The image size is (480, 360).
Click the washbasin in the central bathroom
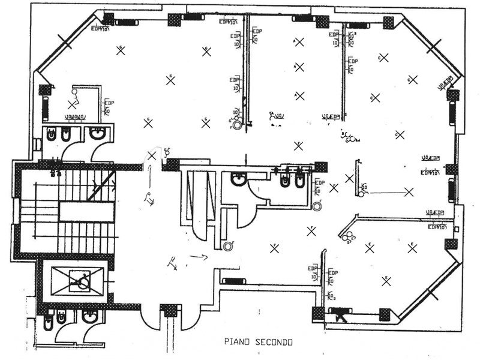click(x=239, y=178)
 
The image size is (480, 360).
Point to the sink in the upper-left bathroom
click(x=97, y=134)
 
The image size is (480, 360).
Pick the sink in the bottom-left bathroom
click(x=89, y=316)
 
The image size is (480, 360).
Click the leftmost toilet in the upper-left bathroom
click(x=51, y=135)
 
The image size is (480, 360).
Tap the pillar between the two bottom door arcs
click(x=170, y=310)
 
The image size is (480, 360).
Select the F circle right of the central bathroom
click(x=317, y=206)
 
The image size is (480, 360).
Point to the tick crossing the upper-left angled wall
click(x=65, y=43)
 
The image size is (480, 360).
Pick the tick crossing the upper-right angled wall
click(x=433, y=46)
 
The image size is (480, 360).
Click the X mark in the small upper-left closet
click(x=72, y=104)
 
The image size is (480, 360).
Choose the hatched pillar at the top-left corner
click(x=109, y=19)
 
